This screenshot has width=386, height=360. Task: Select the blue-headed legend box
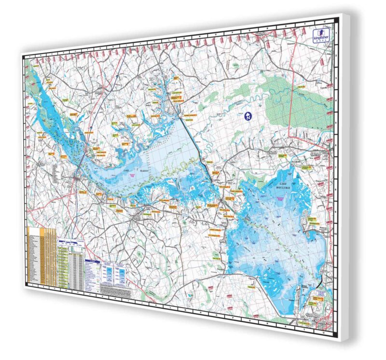92,275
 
